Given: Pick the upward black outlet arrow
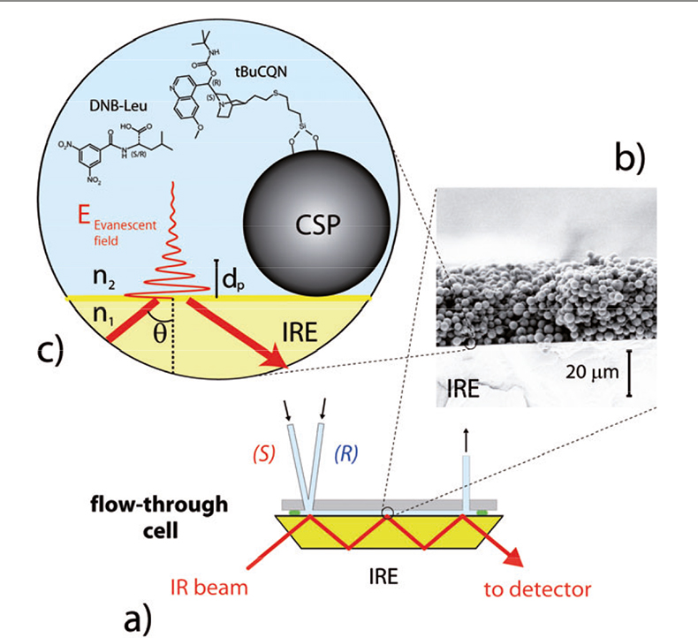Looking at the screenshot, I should [466, 436].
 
